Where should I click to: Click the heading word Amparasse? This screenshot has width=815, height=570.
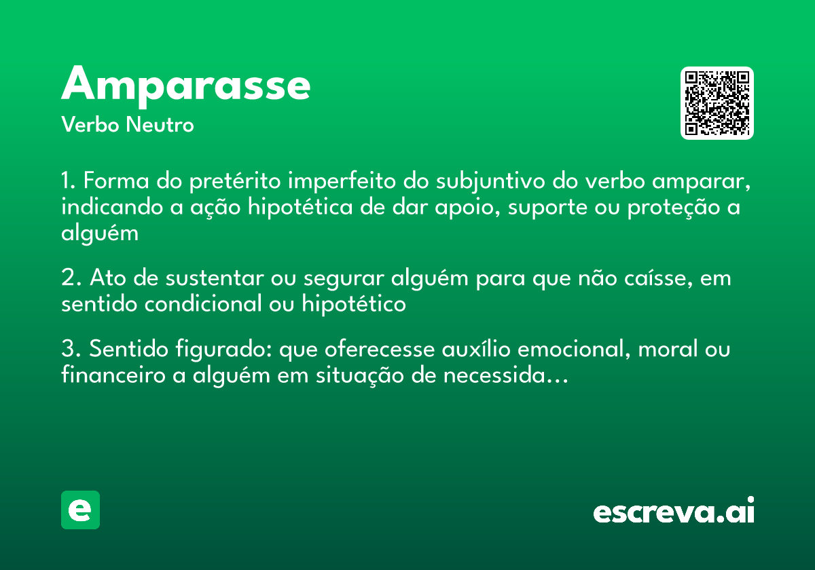(186, 84)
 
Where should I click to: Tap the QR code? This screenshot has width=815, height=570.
(717, 103)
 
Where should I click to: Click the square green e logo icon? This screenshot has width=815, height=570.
(80, 510)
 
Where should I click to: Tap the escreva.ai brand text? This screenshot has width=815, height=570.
(674, 511)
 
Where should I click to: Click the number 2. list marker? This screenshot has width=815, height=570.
(71, 278)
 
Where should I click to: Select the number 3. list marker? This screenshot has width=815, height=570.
(71, 350)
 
